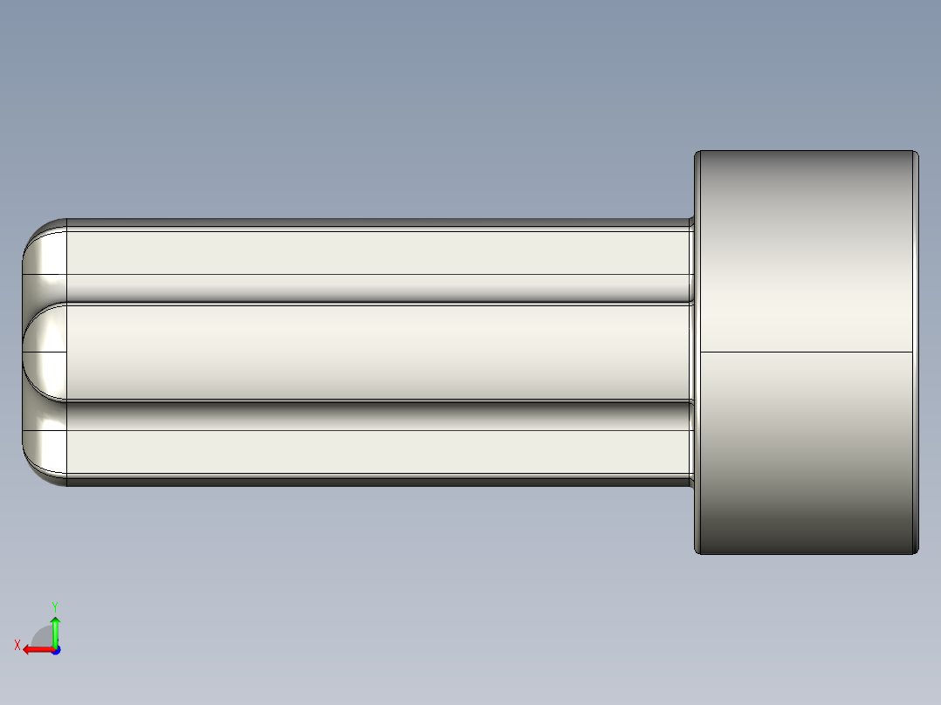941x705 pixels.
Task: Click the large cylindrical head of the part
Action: (806, 262)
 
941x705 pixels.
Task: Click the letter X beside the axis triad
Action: (17, 645)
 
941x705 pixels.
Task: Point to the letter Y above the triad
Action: (54, 605)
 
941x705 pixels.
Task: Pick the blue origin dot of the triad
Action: (55, 650)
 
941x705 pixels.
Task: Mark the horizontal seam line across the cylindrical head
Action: (806, 352)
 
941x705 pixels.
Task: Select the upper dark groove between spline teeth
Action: (375, 290)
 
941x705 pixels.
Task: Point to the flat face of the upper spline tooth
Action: (375, 253)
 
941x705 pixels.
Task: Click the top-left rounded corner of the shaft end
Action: (39, 234)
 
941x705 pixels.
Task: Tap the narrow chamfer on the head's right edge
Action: (915, 352)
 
